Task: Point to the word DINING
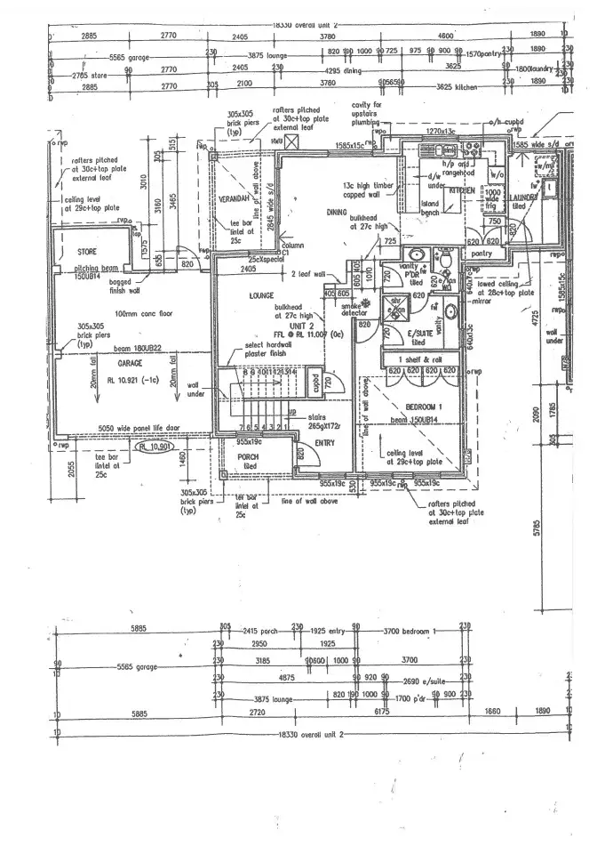(x=336, y=213)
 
